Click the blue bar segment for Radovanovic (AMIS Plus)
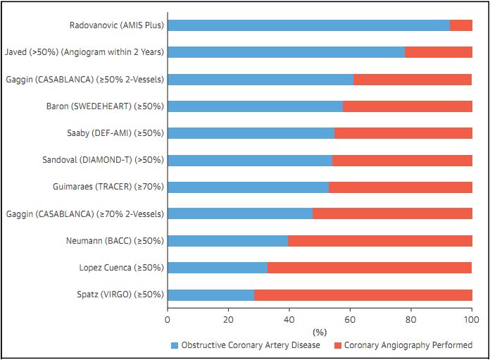tap(308, 25)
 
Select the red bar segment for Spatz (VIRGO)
tap(363, 294)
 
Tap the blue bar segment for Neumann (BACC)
tap(227, 241)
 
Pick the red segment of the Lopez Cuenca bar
tap(370, 268)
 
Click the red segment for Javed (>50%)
tap(438, 52)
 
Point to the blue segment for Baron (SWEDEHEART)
tap(255, 106)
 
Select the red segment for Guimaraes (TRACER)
tap(400, 187)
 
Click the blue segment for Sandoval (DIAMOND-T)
tap(250, 160)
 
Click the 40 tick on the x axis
tap(289, 319)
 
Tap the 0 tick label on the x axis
tap(168, 319)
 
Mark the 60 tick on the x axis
tap(350, 319)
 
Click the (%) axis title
tap(320, 331)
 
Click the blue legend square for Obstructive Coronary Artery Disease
tap(175, 345)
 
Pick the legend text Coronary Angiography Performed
tap(408, 345)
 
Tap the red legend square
tap(337, 345)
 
